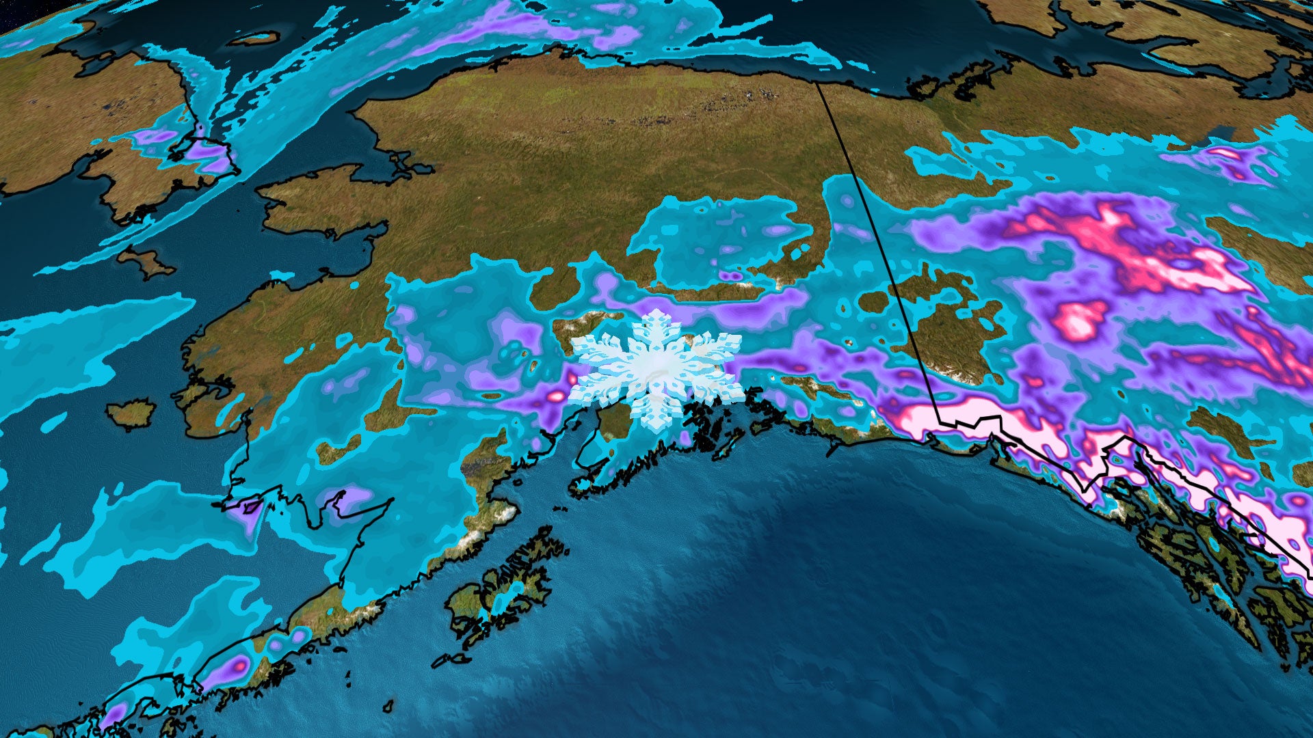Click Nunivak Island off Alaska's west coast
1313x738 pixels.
pos(131,413)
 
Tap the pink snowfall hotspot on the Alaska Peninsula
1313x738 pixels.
pos(240,664)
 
